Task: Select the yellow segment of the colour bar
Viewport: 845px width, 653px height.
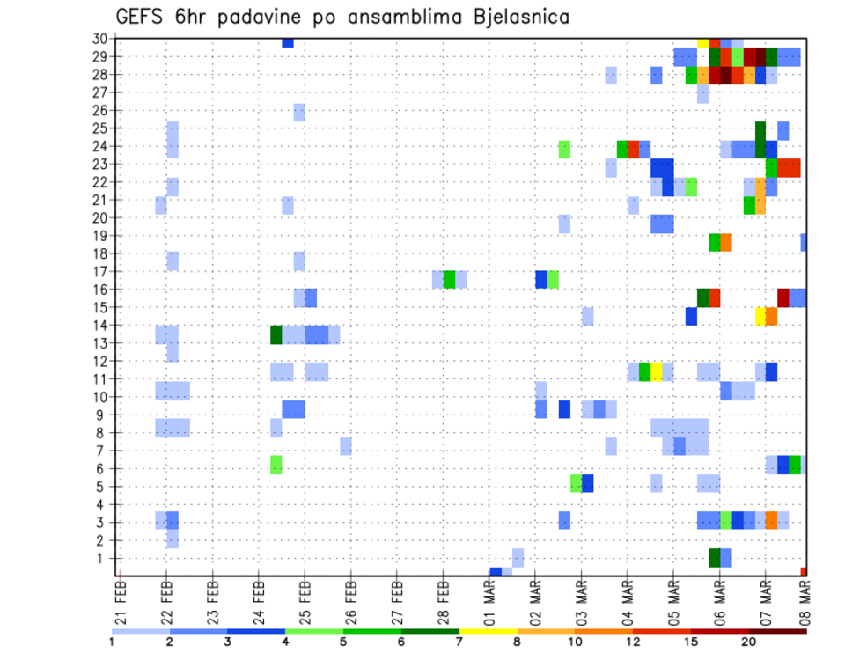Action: click(488, 631)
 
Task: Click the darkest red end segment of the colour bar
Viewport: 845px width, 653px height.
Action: click(778, 631)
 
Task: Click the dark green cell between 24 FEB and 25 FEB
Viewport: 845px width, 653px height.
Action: click(276, 334)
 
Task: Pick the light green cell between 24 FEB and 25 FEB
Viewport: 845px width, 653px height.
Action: click(276, 464)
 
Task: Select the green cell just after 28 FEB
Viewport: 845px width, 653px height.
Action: click(449, 280)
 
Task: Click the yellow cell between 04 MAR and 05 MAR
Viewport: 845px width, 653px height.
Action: click(657, 371)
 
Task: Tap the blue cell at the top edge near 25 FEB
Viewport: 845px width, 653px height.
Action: click(288, 42)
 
